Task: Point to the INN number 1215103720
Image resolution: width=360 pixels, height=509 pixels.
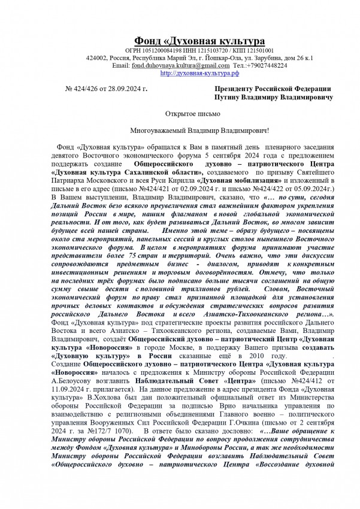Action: (x=208, y=50)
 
